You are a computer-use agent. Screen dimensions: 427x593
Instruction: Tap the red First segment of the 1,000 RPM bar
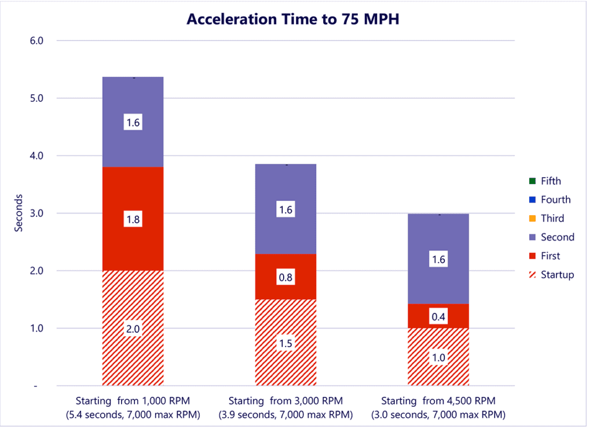133,197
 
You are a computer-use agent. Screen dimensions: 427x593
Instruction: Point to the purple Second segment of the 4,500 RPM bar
438,237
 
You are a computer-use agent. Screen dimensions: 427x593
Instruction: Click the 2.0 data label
133,329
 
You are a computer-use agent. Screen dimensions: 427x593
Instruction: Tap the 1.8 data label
133,220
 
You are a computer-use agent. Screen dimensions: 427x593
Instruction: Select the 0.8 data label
285,278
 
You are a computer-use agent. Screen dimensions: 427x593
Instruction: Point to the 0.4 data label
438,317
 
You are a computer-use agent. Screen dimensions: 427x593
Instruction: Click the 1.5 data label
285,343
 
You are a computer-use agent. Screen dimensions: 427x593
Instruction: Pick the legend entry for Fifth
551,181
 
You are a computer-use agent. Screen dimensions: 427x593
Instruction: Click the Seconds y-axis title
19,213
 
